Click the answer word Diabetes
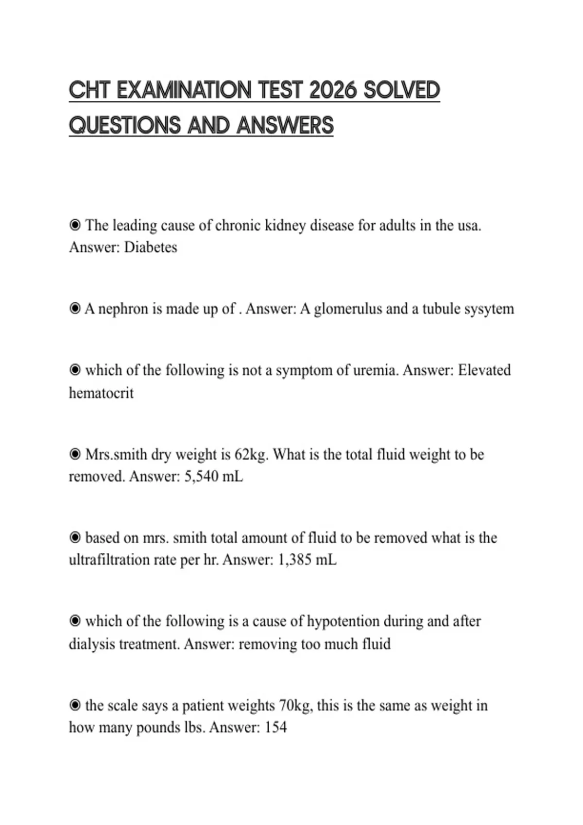click(151, 247)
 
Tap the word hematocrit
click(101, 393)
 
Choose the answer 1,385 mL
click(307, 560)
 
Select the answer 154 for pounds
click(275, 727)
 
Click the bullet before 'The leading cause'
click(75, 225)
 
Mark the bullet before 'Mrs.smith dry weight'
click(75, 455)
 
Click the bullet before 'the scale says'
click(75, 706)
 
